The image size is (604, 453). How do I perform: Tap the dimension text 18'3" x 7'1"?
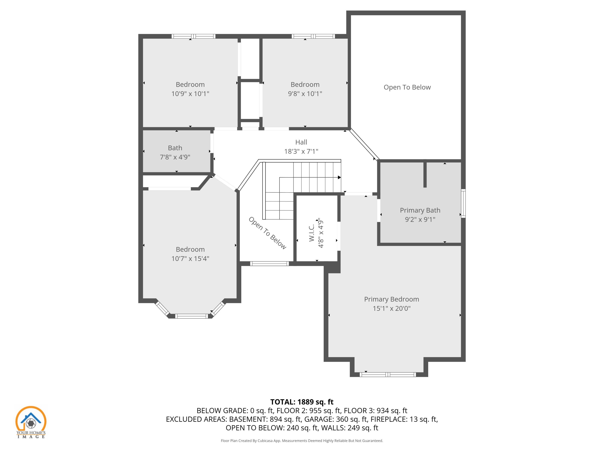(301, 151)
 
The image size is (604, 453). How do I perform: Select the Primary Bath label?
(420, 210)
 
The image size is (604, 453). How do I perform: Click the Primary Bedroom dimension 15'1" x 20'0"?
(392, 308)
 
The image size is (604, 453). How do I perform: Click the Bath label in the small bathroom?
(175, 148)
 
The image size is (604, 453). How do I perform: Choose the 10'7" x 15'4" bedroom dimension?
(190, 258)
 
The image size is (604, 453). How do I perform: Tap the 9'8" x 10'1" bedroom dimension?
(305, 94)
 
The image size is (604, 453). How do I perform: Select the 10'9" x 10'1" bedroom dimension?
(190, 94)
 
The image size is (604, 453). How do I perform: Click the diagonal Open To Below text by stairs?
(267, 233)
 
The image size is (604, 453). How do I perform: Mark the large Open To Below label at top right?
(407, 87)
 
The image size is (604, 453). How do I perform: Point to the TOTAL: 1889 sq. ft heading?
(302, 402)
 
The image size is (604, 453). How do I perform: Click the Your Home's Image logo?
(31, 422)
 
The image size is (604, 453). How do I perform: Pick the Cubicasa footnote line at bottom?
(302, 441)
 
